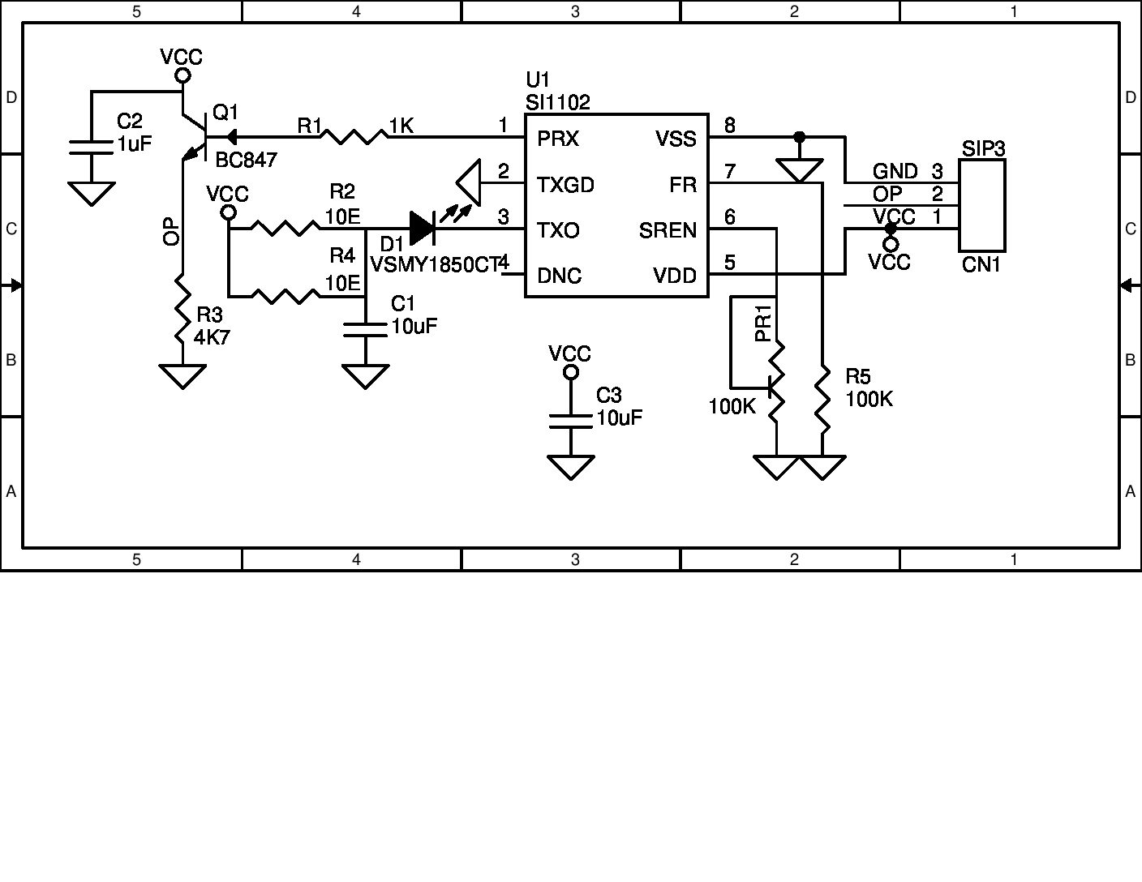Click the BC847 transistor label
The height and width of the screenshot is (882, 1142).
(x=246, y=160)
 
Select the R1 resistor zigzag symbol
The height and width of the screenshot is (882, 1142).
(x=354, y=136)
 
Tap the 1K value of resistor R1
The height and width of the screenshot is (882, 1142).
(x=401, y=126)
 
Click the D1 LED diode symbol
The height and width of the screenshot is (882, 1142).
(x=422, y=229)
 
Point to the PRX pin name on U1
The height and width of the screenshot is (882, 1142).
(x=558, y=139)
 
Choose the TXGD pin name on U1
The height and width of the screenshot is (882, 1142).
(x=565, y=186)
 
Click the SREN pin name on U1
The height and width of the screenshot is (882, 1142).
(x=668, y=231)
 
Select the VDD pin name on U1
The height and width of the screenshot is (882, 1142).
(x=675, y=276)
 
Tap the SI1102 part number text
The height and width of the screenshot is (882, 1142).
(x=558, y=102)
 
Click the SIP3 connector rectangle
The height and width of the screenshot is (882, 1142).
(x=981, y=205)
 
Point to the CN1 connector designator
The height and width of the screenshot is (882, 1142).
(x=981, y=265)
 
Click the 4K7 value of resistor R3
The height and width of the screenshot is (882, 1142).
(x=212, y=336)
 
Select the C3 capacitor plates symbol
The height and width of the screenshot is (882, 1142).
(x=570, y=421)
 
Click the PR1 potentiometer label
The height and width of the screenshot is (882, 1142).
(x=762, y=323)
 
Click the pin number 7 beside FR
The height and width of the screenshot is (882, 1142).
(x=730, y=171)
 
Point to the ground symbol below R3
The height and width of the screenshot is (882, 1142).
(x=182, y=376)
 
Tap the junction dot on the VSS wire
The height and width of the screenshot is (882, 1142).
(x=799, y=136)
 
